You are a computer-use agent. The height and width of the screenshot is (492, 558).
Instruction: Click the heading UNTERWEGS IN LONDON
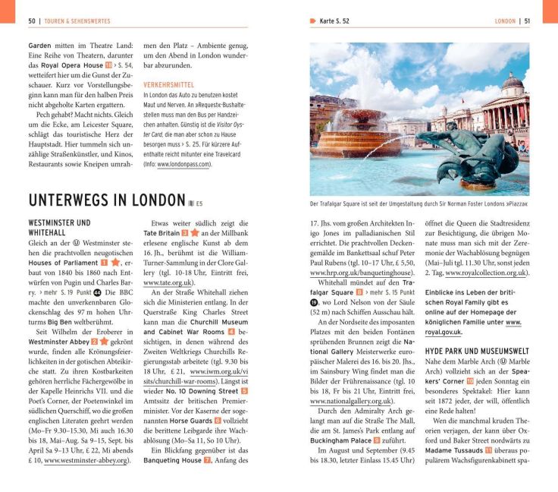[x=106, y=200]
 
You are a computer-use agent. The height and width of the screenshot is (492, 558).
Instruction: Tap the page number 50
[x=32, y=21]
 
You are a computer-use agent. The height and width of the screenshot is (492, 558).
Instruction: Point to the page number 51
[x=526, y=21]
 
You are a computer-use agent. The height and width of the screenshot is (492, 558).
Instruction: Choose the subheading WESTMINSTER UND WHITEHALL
[x=58, y=227]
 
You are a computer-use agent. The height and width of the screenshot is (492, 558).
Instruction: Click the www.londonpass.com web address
[x=183, y=164]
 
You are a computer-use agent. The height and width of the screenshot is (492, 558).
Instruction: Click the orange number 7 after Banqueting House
[x=207, y=460]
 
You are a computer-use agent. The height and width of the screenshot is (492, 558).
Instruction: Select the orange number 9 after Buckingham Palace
[x=376, y=440]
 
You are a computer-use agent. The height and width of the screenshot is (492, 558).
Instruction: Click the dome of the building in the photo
[x=513, y=82]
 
